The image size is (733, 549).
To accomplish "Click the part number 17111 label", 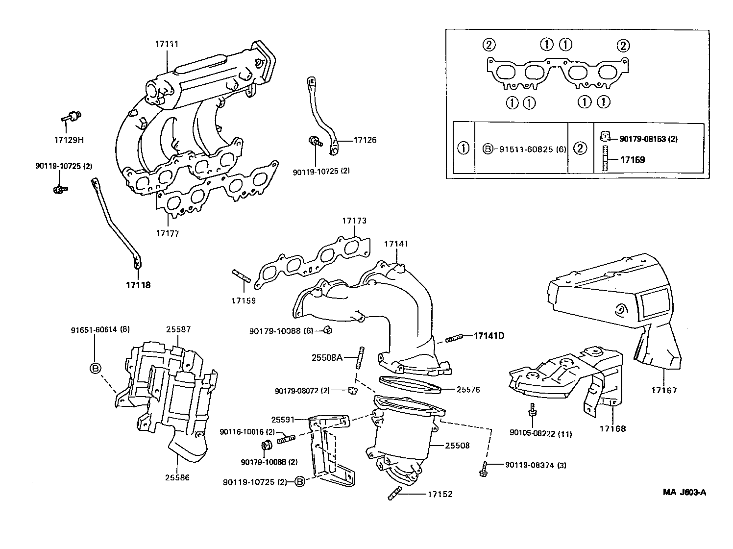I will tap(167, 44).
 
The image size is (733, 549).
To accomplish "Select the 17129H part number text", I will tap(69, 140).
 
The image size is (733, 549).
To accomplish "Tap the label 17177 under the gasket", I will tap(168, 233).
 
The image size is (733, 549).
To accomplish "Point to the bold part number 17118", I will tap(138, 285).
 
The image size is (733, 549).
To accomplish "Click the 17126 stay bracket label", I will tap(366, 140).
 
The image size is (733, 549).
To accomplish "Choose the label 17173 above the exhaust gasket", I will tap(354, 221).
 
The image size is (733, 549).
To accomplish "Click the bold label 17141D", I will tap(489, 336).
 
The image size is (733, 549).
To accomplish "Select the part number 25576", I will tap(468, 390).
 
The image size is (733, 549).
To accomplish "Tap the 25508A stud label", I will tap(327, 357).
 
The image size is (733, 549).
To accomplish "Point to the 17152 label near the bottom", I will tap(440, 494).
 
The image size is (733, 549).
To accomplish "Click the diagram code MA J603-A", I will tap(685, 493).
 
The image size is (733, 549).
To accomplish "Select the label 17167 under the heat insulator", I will tap(664, 390).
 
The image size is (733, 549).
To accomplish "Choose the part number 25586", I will tap(177, 477).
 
